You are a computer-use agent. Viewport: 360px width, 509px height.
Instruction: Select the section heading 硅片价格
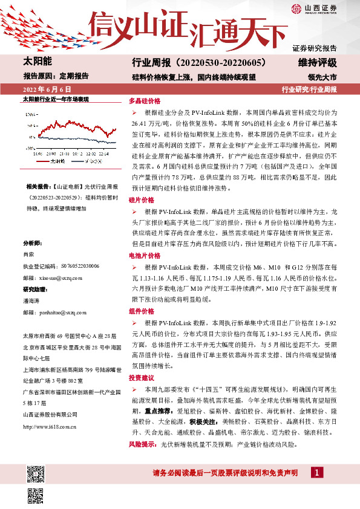[141, 199]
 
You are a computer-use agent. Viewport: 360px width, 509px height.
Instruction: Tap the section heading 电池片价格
[143, 256]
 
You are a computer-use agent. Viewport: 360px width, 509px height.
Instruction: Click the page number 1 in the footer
[315, 473]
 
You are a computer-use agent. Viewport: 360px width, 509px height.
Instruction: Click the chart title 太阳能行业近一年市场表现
[56, 99]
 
